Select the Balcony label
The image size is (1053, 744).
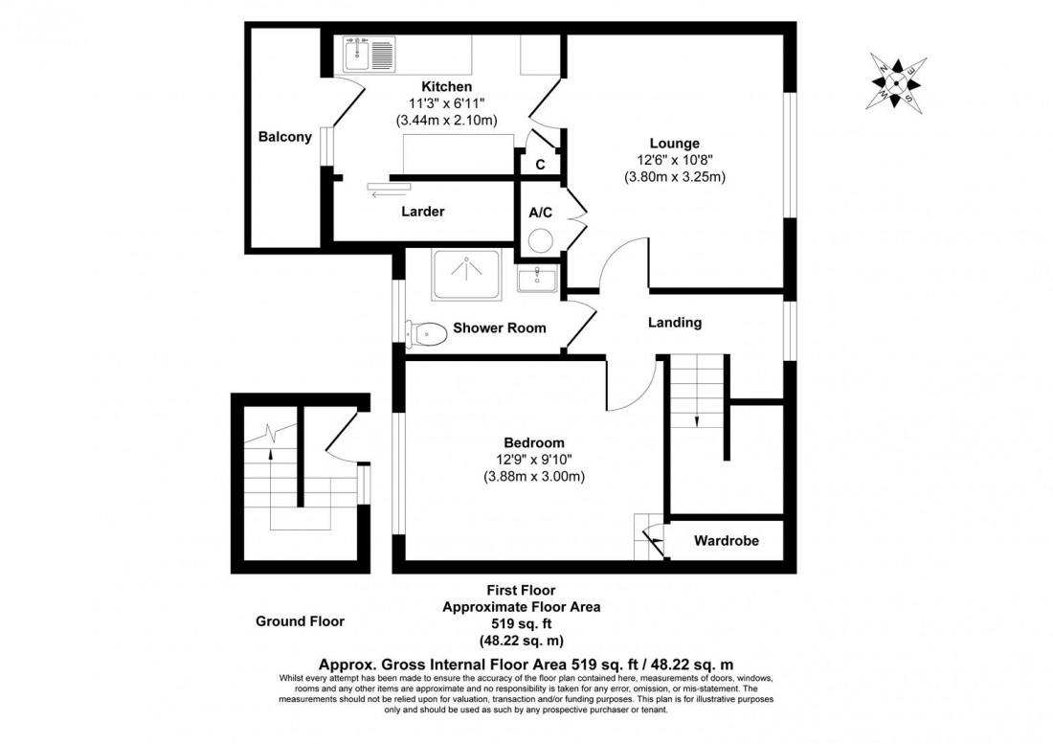285,137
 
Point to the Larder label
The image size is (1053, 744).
422,212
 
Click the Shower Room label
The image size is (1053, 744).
500,328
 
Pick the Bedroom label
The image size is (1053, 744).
534,442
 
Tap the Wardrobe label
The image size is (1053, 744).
727,541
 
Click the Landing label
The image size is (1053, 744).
675,323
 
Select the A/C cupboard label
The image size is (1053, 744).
540,212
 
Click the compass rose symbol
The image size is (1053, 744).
897,83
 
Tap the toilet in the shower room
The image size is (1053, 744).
427,333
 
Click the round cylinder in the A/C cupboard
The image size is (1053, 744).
539,239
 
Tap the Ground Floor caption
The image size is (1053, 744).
300,621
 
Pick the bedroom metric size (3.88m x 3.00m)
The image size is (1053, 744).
534,476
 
